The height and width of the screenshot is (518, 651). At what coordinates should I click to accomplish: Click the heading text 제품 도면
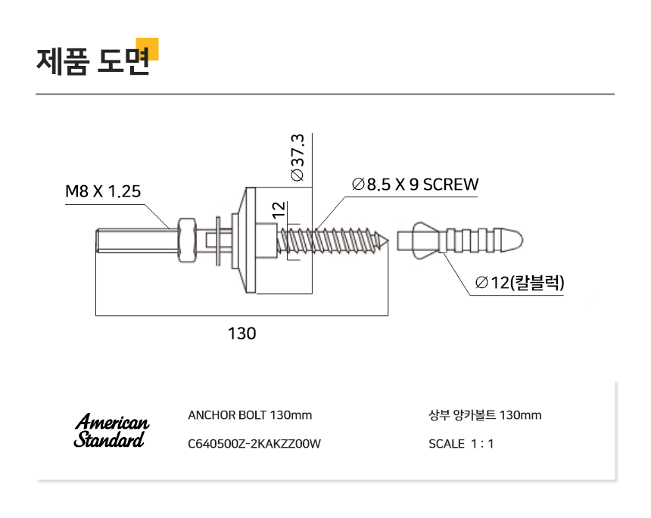pyautogui.click(x=93, y=61)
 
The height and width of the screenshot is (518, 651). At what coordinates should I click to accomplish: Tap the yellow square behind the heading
pyautogui.click(x=148, y=49)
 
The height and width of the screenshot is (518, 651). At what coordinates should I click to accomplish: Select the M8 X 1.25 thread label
pyautogui.click(x=103, y=191)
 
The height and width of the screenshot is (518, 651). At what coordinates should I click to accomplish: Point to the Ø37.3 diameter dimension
pyautogui.click(x=297, y=157)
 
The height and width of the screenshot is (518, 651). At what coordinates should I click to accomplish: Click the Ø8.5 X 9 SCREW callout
pyautogui.click(x=415, y=185)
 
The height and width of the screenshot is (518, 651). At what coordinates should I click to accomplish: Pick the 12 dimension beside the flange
pyautogui.click(x=279, y=209)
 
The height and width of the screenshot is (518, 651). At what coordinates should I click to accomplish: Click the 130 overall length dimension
pyautogui.click(x=242, y=333)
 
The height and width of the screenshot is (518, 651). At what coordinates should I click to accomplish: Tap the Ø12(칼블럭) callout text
pyautogui.click(x=520, y=282)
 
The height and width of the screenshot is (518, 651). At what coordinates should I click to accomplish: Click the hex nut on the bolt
pyautogui.click(x=187, y=240)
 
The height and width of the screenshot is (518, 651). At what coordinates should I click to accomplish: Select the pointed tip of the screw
pyautogui.click(x=387, y=240)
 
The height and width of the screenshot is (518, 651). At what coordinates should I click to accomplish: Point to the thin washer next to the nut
pyautogui.click(x=217, y=240)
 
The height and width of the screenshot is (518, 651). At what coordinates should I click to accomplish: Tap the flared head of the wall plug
pyautogui.click(x=425, y=240)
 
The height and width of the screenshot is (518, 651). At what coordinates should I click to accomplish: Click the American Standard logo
pyautogui.click(x=111, y=430)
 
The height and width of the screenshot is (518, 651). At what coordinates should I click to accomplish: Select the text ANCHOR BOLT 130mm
pyautogui.click(x=250, y=415)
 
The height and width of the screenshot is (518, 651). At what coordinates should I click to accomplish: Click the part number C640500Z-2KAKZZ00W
pyautogui.click(x=254, y=444)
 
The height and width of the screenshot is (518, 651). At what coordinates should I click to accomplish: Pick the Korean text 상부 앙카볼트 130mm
pyautogui.click(x=485, y=415)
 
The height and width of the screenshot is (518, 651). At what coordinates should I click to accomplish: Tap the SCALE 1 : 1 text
pyautogui.click(x=461, y=444)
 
